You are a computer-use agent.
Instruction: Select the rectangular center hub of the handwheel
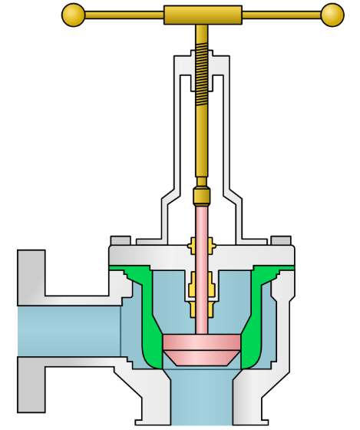(202, 15)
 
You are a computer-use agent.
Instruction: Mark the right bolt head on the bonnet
(282, 240)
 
